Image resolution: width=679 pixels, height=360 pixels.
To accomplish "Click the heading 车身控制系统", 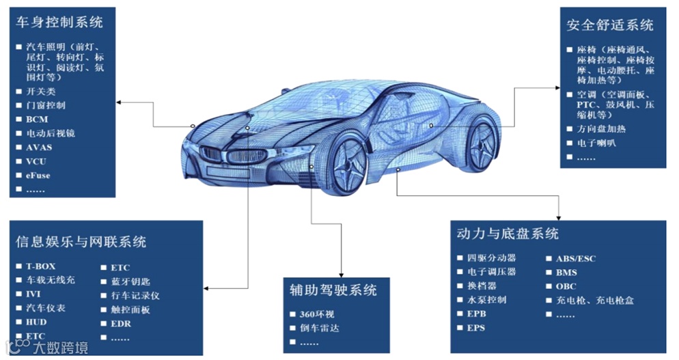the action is click(59, 22).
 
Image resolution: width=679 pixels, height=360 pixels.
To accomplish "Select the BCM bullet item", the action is click(38, 119).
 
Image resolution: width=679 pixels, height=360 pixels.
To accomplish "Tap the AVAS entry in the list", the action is click(39, 147).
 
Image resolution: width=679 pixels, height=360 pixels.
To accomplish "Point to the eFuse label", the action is click(38, 175).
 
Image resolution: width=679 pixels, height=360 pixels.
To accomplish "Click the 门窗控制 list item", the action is click(46, 105).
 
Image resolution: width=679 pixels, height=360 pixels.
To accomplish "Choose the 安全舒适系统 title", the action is click(609, 25).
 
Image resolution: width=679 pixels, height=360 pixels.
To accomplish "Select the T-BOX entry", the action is click(40, 266).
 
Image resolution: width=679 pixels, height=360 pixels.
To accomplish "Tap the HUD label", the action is click(37, 322).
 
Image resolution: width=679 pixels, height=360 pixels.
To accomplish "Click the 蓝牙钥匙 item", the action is click(130, 281).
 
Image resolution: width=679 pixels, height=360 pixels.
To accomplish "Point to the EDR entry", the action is click(120, 323).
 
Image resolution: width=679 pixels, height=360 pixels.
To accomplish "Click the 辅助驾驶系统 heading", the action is click(333, 290).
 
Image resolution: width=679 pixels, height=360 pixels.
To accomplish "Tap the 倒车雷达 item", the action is click(319, 328).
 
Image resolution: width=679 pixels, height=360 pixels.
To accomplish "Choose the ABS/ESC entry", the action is click(576, 258).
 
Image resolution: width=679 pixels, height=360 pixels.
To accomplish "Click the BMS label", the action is click(566, 272).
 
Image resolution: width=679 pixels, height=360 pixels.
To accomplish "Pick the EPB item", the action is click(476, 314).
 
